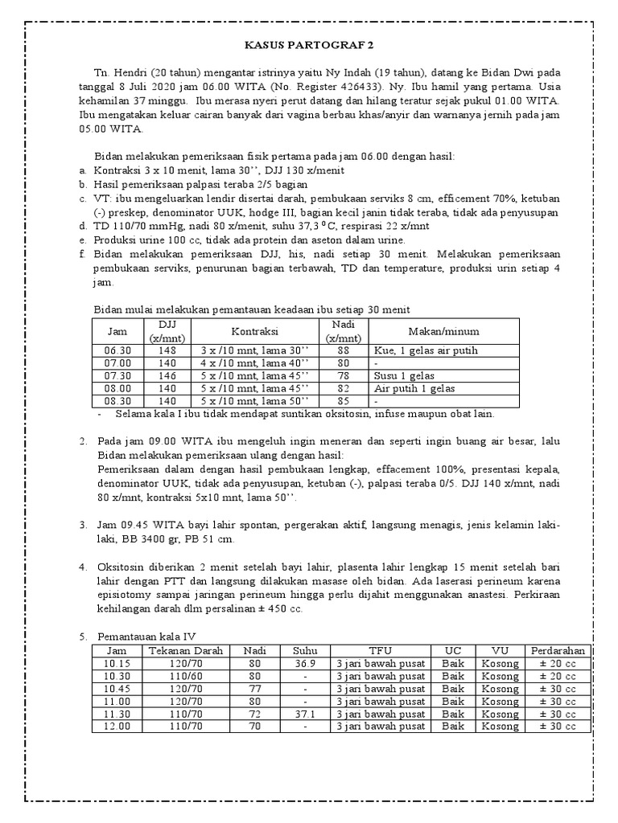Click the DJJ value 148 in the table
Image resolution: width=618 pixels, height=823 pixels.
click(x=167, y=351)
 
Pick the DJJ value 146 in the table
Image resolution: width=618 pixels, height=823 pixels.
click(x=167, y=376)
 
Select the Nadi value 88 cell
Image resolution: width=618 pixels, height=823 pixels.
click(x=344, y=351)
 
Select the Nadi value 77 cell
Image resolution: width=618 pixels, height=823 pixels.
click(x=255, y=689)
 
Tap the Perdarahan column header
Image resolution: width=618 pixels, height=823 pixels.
click(x=558, y=651)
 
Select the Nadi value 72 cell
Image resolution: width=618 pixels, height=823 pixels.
click(x=255, y=714)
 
